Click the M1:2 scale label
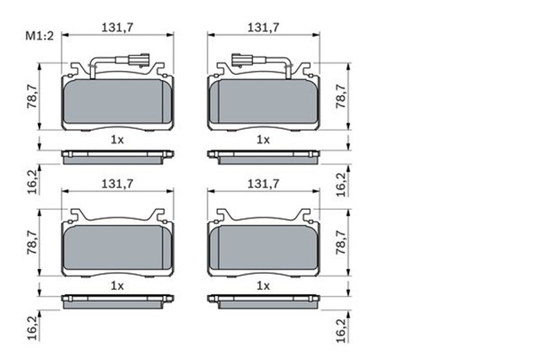(x=40, y=35)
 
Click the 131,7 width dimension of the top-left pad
(x=117, y=28)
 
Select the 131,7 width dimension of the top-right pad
(x=263, y=28)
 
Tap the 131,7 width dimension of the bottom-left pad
(x=117, y=184)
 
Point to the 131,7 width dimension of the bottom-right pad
(x=263, y=184)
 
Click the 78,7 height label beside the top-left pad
(x=32, y=96)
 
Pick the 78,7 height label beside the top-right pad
(x=341, y=96)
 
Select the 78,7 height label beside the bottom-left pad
(x=32, y=242)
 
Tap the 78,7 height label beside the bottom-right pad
(x=341, y=242)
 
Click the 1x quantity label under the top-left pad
(x=117, y=140)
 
